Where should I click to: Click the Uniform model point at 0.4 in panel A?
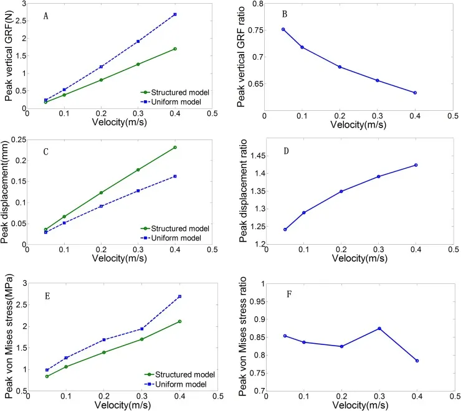(x=175, y=14)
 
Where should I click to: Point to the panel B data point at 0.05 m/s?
(x=283, y=29)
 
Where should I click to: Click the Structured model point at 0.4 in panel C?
(x=175, y=148)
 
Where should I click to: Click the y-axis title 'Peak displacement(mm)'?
(x=8, y=192)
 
